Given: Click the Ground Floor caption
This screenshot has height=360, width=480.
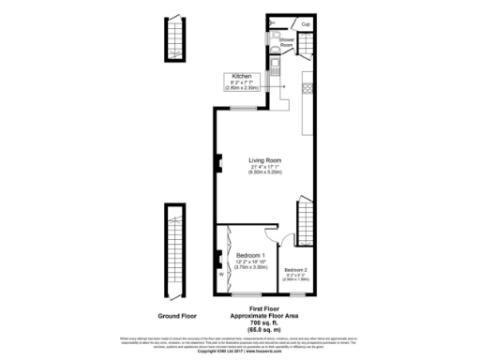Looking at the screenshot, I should point(175,316).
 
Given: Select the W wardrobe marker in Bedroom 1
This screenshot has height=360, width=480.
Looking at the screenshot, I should point(221,275).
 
